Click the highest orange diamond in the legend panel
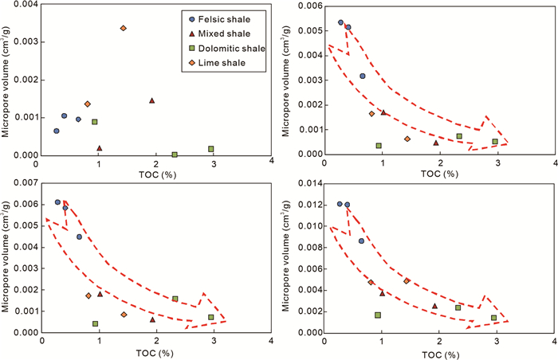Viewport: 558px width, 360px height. [x=123, y=29]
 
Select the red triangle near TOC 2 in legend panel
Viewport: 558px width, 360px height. [x=151, y=100]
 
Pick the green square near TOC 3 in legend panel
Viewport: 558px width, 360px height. [x=211, y=149]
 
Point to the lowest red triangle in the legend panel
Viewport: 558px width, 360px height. [x=99, y=148]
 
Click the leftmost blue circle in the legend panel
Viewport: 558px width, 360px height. [x=56, y=131]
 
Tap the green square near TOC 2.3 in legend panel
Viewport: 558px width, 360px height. [x=175, y=155]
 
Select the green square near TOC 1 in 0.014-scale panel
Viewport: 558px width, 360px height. [x=377, y=315]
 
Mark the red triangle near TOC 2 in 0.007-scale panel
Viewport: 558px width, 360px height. [x=152, y=319]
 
